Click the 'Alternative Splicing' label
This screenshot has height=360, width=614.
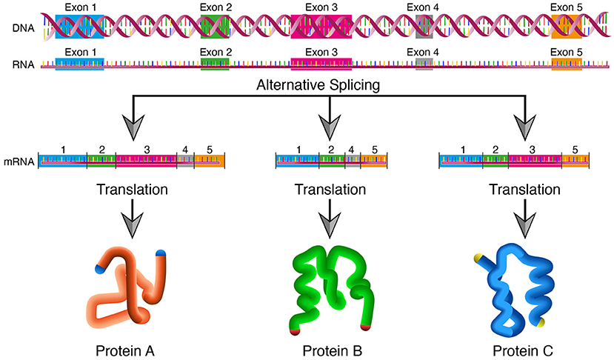(318, 85)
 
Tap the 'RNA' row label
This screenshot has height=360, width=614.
(22, 64)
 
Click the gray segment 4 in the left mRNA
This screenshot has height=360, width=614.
(185, 160)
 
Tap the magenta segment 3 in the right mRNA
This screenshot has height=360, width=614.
(533, 160)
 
